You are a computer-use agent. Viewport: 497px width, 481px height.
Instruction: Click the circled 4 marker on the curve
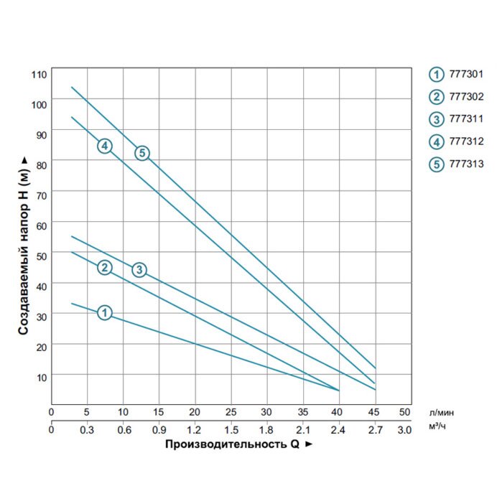point(105,146)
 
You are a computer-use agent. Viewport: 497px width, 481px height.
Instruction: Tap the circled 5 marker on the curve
point(142,153)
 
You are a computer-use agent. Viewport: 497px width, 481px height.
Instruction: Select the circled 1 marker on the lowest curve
point(105,313)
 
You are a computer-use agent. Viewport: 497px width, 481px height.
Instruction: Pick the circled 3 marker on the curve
point(139,270)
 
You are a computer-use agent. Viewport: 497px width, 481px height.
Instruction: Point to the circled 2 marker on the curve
point(105,268)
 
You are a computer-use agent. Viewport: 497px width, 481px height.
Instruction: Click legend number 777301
point(466,74)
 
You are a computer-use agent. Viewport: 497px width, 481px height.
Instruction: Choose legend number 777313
point(466,164)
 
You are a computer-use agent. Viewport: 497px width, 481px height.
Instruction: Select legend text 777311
point(466,119)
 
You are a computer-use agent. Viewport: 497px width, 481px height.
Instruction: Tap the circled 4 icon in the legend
point(437,142)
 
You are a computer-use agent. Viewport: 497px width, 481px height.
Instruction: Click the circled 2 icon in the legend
point(437,97)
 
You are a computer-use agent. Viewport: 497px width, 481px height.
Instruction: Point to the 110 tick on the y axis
point(39,75)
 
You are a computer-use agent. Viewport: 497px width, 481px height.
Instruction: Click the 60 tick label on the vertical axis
point(42,226)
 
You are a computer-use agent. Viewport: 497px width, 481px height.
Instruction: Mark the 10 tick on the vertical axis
point(42,378)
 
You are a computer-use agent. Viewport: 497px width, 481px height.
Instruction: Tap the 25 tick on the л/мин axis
point(231,412)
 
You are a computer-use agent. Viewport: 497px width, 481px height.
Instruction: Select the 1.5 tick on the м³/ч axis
point(231,430)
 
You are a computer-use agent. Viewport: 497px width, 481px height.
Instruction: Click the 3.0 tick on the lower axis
point(404,430)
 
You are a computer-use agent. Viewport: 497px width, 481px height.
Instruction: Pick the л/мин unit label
point(442,413)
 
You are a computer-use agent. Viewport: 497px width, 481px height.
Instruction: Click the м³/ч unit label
point(437,426)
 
